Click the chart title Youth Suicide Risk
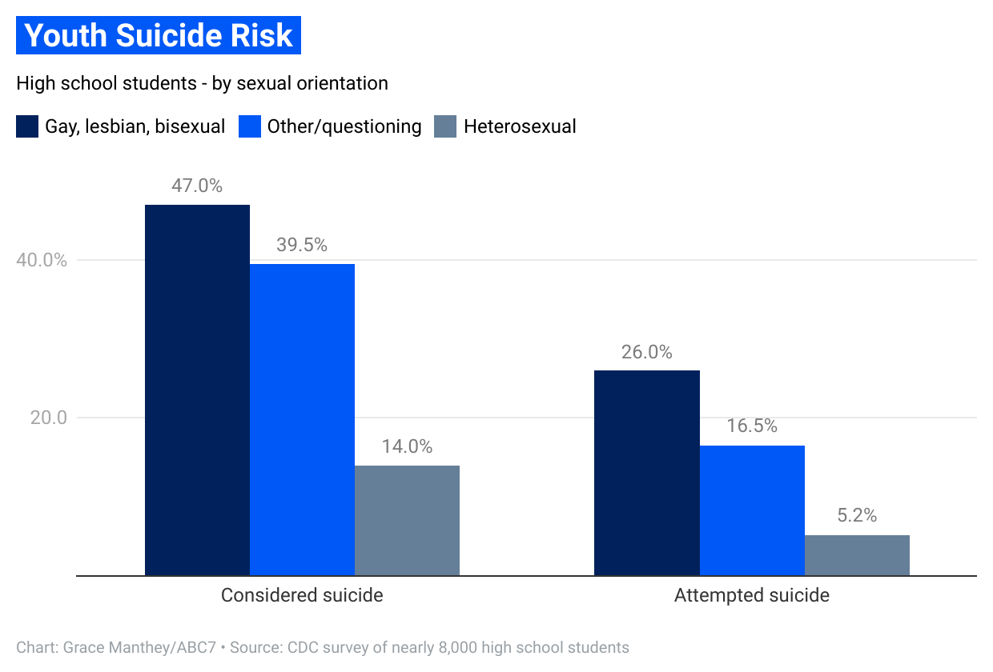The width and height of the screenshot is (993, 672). click(x=159, y=36)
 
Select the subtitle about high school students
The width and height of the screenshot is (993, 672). click(x=202, y=83)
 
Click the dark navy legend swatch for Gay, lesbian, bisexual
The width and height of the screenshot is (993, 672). click(x=27, y=126)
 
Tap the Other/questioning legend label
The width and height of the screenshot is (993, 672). click(x=344, y=126)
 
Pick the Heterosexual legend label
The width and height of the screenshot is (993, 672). click(x=520, y=126)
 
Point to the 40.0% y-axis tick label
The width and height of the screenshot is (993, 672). click(x=38, y=261)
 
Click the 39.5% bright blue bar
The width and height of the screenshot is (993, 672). click(x=302, y=419)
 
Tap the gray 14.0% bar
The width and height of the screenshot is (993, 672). click(x=407, y=520)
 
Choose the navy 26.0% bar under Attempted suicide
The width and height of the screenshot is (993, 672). click(x=646, y=473)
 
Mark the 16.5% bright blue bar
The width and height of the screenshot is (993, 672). click(x=751, y=510)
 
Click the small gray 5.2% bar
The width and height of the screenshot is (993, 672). click(x=857, y=555)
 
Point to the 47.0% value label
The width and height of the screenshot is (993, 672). click(x=197, y=186)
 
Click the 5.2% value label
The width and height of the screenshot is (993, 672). click(x=857, y=515)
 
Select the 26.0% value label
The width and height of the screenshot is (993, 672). click(x=646, y=352)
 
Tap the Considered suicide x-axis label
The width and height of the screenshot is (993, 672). click(x=302, y=596)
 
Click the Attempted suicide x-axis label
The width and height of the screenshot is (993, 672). click(x=751, y=596)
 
